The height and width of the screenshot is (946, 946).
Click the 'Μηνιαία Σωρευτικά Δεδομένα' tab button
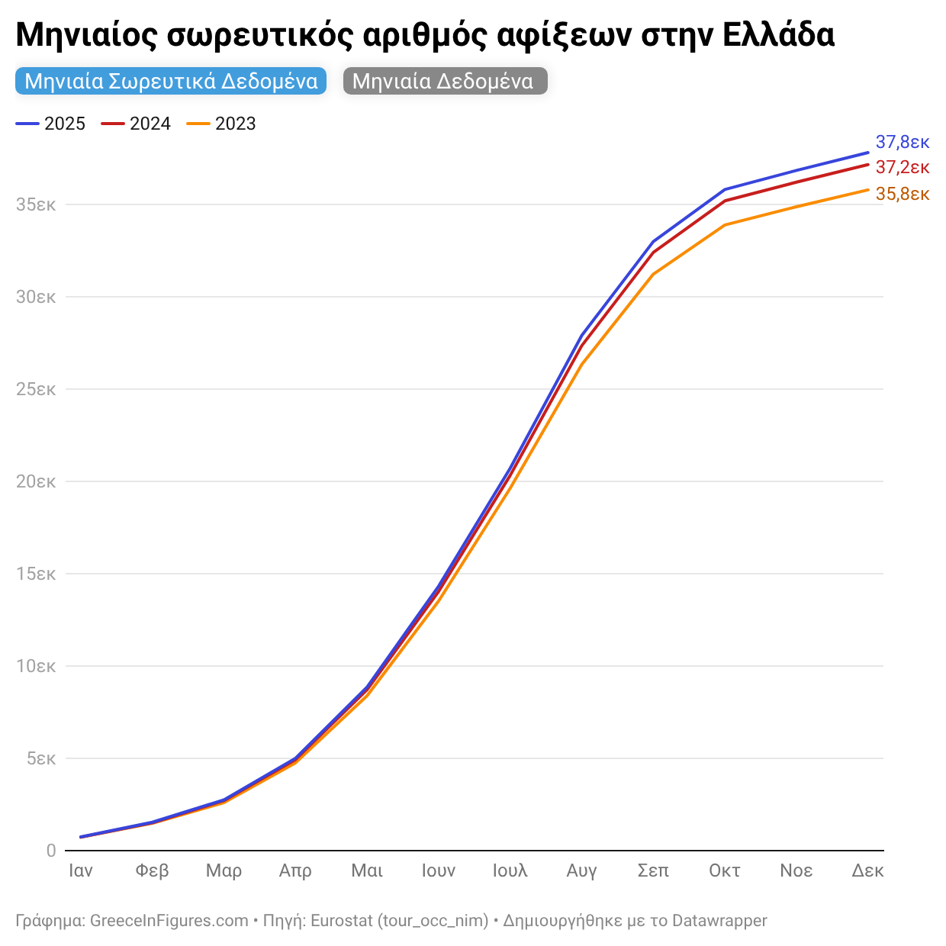point(171,82)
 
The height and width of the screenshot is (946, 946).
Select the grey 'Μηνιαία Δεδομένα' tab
point(444,82)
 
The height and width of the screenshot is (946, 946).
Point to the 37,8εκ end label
point(902,142)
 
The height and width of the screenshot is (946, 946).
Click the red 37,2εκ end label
point(902,167)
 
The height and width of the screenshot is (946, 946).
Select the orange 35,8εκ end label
point(902,194)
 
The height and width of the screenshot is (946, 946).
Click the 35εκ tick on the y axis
point(36,204)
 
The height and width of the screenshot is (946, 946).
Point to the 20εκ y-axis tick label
point(36,481)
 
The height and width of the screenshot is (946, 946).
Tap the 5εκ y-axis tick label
point(40,758)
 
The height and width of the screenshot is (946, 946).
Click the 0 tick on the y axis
point(51,850)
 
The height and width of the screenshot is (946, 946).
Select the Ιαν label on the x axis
point(81,870)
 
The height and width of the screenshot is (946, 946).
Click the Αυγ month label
point(581,870)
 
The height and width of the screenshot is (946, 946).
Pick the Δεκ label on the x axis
point(867,870)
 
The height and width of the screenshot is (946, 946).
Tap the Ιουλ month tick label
point(510,870)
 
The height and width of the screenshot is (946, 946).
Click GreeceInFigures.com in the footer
point(169,921)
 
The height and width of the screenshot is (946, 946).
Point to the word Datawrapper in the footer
point(719,921)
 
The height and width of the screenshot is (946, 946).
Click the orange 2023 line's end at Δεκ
point(867,190)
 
